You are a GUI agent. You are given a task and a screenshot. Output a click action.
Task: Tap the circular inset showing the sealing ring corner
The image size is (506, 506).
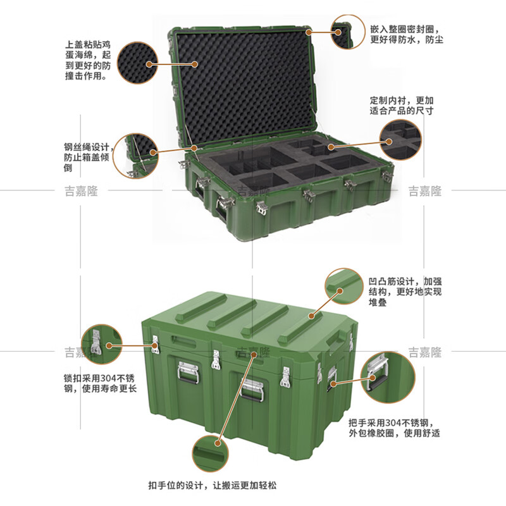tap(350, 32)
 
